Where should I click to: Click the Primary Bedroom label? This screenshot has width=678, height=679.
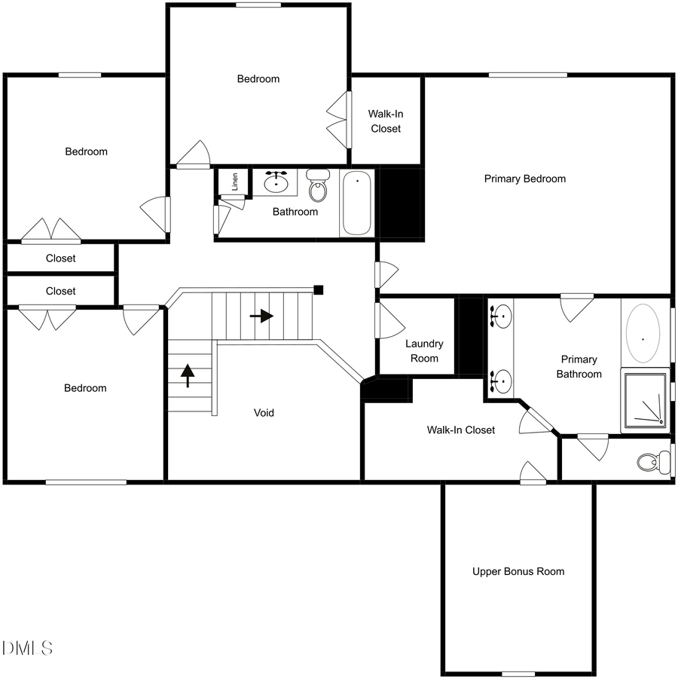pos(524,179)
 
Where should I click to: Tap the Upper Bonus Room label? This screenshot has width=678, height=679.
pos(518,571)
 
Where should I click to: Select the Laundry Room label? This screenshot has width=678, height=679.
pos(424,350)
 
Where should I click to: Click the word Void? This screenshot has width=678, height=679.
pos(264,412)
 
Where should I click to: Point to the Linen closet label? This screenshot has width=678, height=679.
pos(235,181)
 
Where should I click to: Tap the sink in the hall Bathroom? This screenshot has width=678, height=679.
pos(277,182)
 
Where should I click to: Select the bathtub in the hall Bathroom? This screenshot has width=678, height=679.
pos(357,202)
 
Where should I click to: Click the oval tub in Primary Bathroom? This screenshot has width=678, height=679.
pos(643,333)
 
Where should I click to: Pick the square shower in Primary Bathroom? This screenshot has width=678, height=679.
pos(645,401)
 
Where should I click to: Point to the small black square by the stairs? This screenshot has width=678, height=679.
pos(319,289)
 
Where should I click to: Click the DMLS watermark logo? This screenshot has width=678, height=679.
pos(28,647)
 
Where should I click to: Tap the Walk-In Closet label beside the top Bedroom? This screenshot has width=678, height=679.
pos(385,121)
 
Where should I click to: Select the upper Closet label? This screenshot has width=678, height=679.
pos(61,258)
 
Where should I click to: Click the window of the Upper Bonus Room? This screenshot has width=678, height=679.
pos(518,673)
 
